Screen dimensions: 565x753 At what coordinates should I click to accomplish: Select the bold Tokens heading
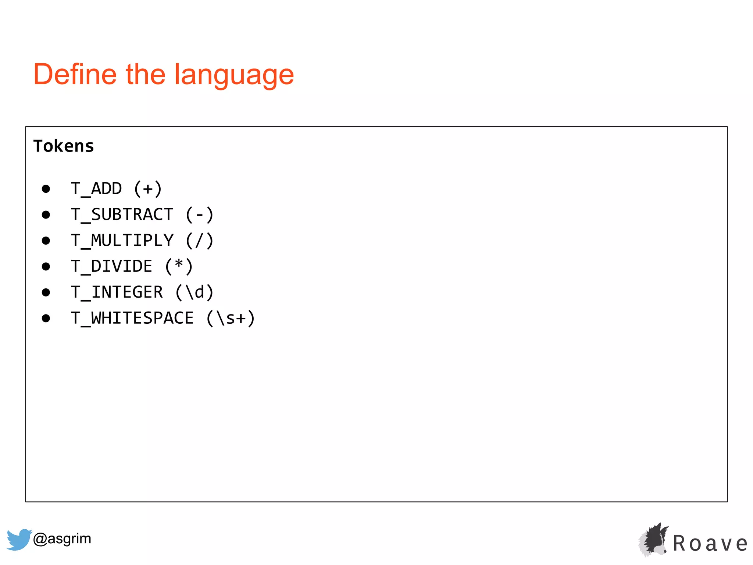64,146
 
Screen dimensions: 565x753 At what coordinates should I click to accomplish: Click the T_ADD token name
96,189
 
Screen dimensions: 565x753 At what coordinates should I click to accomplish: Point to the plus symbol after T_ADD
148,189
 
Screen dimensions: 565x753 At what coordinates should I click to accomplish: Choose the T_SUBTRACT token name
122,214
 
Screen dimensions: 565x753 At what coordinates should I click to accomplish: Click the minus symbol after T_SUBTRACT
199,214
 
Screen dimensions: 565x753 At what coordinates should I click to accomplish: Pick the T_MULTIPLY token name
122,241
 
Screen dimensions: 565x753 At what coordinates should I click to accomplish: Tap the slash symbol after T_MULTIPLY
199,241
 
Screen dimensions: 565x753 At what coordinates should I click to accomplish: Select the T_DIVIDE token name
111,266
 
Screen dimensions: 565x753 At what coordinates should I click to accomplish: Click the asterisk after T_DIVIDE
179,265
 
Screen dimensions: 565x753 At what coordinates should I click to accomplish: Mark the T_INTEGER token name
117,292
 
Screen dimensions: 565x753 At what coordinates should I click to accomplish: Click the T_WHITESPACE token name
132,318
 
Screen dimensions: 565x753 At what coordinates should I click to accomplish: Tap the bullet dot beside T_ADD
46,189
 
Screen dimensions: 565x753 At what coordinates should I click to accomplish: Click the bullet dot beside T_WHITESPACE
46,319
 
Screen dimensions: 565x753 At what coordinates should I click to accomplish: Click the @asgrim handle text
62,539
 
